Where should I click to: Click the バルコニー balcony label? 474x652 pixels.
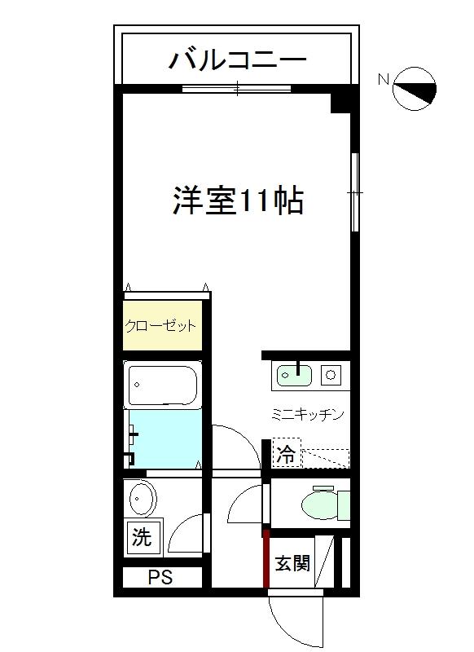[237, 59]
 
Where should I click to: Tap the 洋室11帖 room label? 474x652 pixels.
[238, 200]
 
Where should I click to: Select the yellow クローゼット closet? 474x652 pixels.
[162, 326]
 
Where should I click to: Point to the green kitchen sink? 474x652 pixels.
[295, 376]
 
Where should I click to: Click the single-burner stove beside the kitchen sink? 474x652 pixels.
[331, 376]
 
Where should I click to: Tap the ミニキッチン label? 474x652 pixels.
[307, 414]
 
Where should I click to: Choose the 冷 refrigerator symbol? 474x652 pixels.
[286, 456]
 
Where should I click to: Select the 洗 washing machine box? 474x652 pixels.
[143, 538]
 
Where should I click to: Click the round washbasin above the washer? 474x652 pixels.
[143, 498]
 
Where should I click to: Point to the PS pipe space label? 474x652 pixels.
[160, 578]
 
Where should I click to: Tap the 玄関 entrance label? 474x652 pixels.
[292, 562]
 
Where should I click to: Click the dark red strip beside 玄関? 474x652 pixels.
[266, 559]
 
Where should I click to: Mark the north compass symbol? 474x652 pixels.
[415, 88]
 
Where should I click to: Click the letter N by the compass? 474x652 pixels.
[383, 79]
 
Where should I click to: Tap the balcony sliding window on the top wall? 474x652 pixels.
[237, 89]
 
